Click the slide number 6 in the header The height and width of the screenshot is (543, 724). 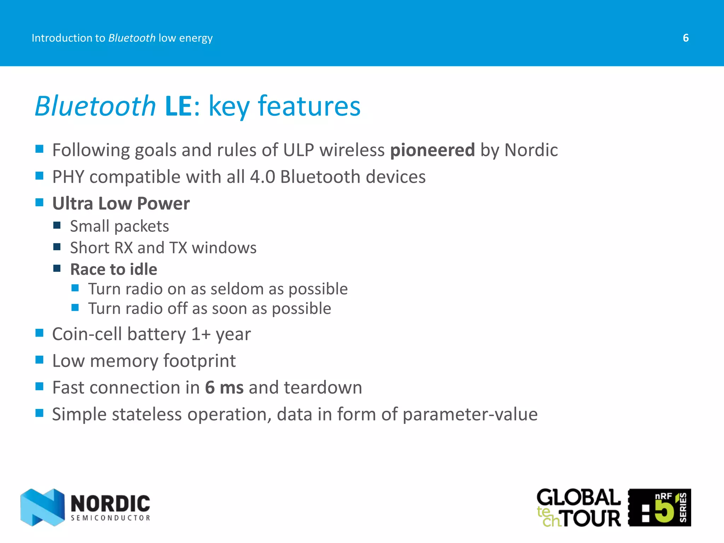pyautogui.click(x=685, y=38)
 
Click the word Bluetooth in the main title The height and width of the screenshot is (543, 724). pyautogui.click(x=95, y=106)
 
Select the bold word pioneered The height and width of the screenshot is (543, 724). pyautogui.click(x=432, y=150)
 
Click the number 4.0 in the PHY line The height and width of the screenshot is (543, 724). pyautogui.click(x=262, y=177)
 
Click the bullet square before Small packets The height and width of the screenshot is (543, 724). pyautogui.click(x=57, y=225)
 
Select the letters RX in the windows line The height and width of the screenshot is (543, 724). pyautogui.click(x=123, y=248)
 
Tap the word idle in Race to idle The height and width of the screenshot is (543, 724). pyautogui.click(x=143, y=269)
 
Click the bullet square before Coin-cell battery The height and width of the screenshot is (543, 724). pyautogui.click(x=39, y=333)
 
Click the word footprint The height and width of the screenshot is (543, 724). pyautogui.click(x=199, y=361)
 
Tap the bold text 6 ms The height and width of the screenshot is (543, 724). pyautogui.click(x=224, y=387)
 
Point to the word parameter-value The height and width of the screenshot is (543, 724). pyautogui.click(x=470, y=414)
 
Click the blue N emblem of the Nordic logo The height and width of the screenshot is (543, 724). pyautogui.click(x=42, y=507)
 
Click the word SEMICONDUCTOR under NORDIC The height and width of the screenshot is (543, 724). pyautogui.click(x=110, y=518)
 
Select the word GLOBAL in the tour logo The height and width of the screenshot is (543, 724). pyautogui.click(x=578, y=498)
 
